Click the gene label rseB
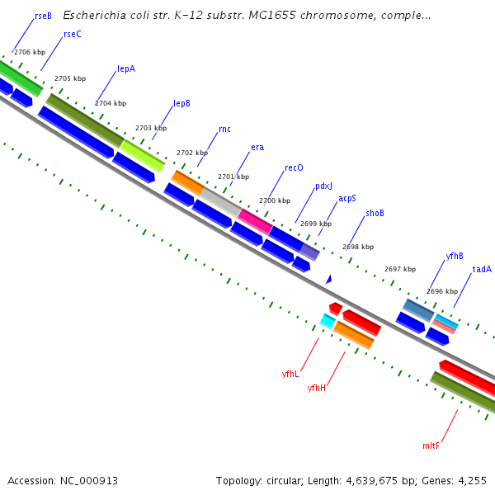coord(43,16)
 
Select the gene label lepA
coord(126,68)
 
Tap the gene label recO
coord(294,167)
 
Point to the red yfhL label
coord(290,374)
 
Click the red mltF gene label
coord(431,445)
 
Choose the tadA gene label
coord(482,269)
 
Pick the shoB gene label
coord(375,213)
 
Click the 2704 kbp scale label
coord(111,104)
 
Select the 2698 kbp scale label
coord(358,247)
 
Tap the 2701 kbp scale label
coord(233,177)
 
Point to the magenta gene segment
coord(255,220)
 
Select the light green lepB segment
coord(144,154)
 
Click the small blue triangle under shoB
coord(328,280)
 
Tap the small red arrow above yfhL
coord(335,308)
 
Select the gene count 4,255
coord(472,480)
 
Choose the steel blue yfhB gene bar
coord(417,309)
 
